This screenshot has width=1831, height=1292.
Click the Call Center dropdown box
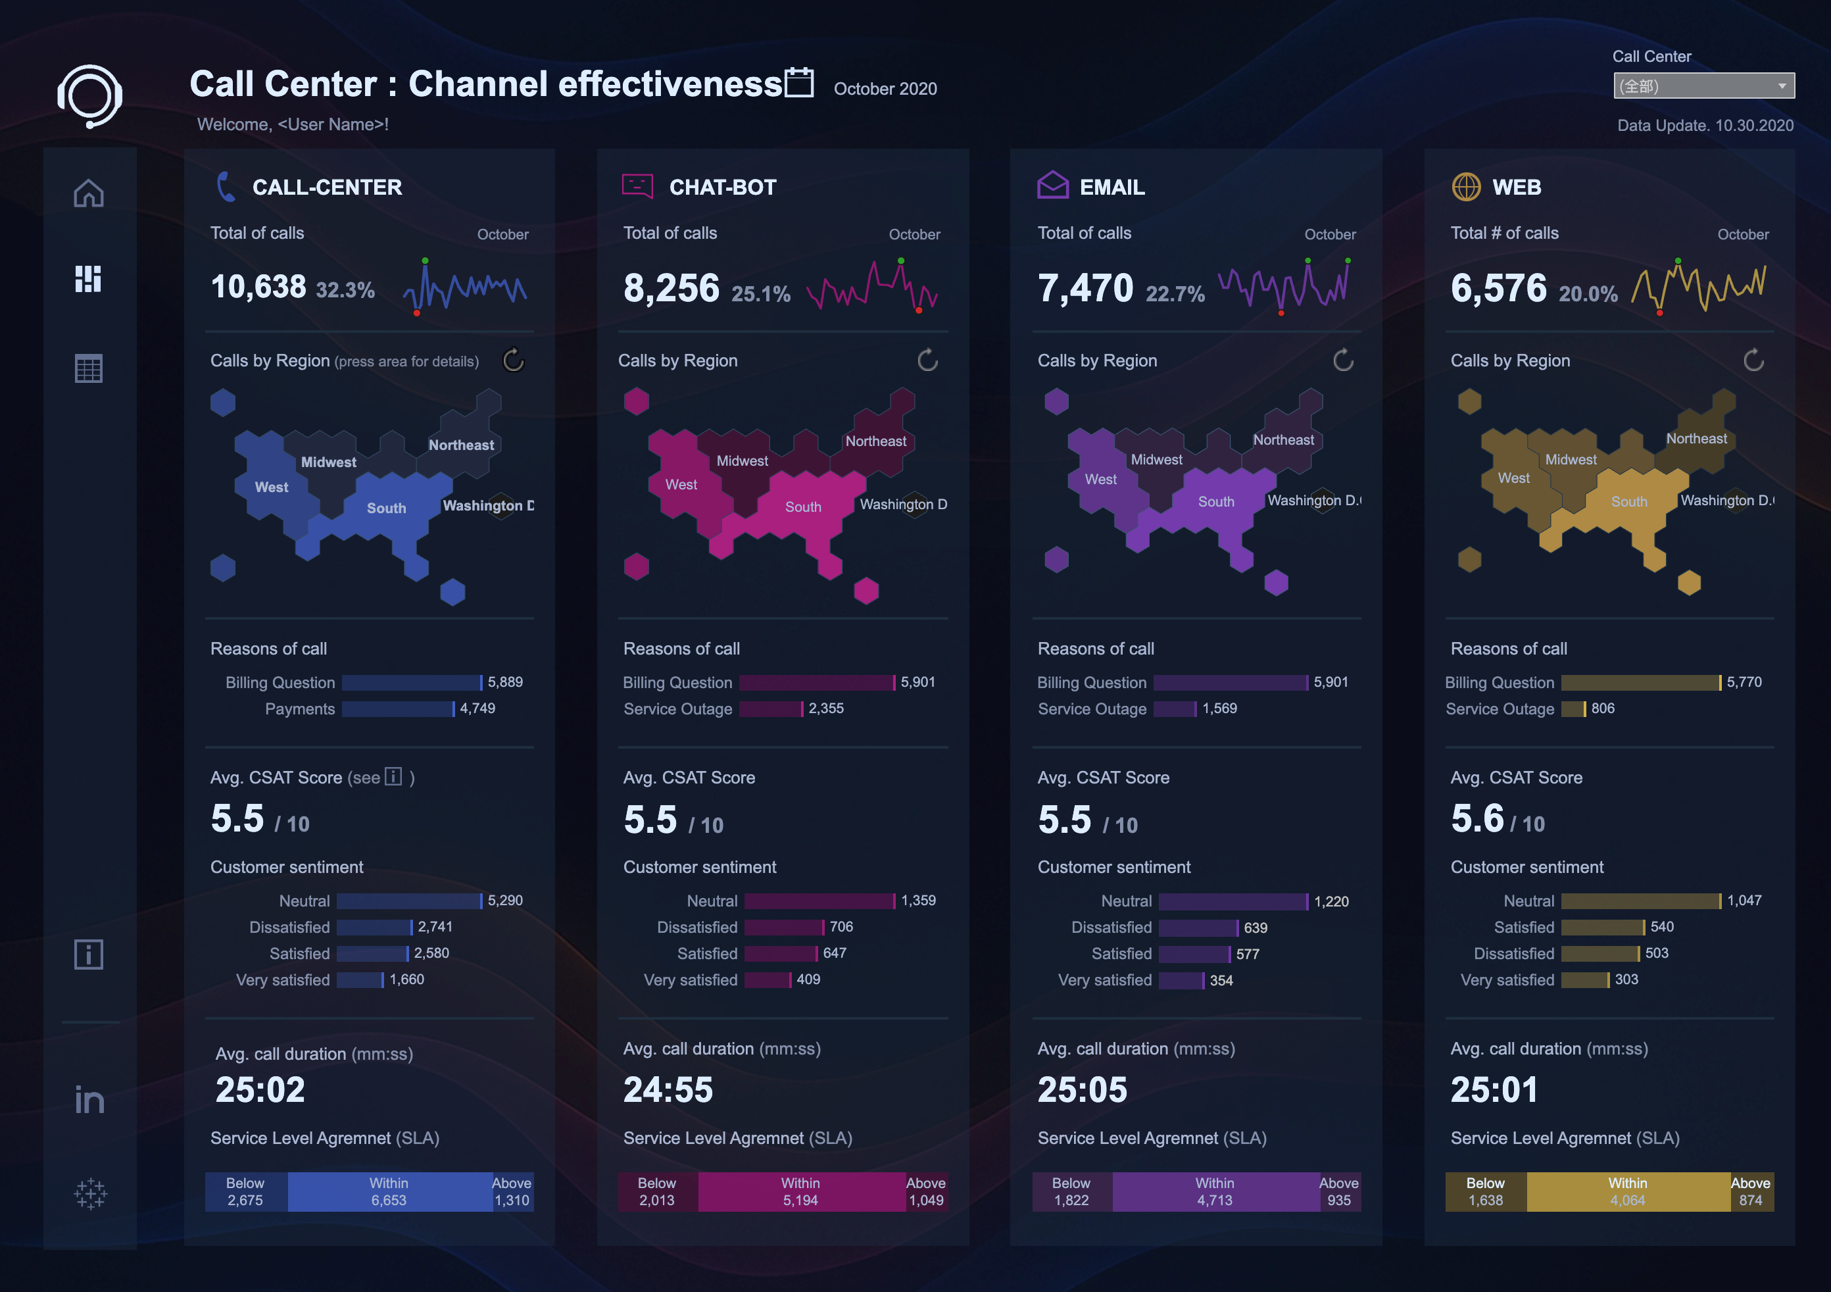point(1703,86)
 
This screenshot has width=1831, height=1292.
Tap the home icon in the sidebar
point(89,193)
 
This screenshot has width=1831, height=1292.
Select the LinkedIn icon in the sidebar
point(89,1100)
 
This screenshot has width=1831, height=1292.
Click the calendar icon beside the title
point(799,82)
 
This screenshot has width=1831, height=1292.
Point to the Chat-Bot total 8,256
point(671,288)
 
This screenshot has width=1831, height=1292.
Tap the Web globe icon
point(1466,187)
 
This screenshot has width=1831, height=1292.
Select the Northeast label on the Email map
point(1283,440)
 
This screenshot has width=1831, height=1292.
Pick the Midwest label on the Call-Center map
point(329,462)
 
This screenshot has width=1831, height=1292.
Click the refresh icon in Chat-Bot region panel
point(927,360)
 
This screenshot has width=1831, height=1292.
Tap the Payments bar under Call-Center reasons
point(398,709)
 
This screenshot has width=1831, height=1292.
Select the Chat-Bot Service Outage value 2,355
point(825,708)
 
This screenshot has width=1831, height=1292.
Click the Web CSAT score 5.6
point(1477,819)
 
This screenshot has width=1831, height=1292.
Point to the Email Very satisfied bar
point(1181,980)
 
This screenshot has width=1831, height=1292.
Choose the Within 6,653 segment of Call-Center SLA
point(389,1191)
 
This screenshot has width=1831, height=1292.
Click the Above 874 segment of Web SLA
point(1751,1191)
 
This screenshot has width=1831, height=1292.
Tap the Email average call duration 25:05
point(1082,1090)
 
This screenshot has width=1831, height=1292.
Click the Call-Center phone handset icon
point(226,187)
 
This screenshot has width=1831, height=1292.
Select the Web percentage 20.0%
point(1588,294)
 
